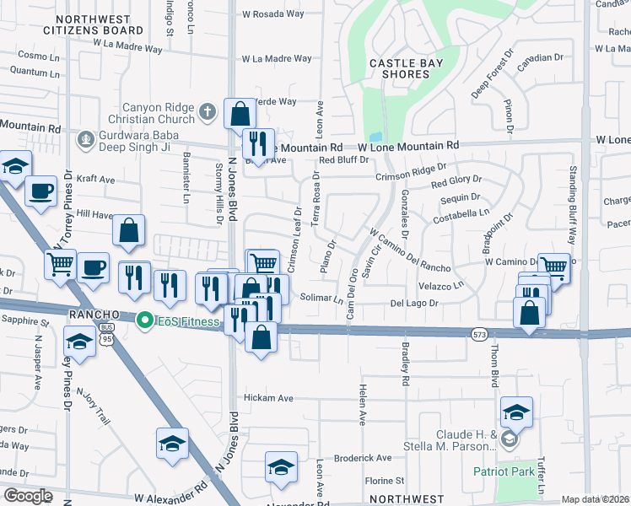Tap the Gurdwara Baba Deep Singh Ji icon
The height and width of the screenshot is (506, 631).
pos(84,138)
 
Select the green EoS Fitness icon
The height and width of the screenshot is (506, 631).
pos(145,320)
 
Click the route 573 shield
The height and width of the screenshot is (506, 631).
pos(478,335)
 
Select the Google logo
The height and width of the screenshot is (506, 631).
pos(27,496)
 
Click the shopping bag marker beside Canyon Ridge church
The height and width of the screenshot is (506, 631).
pos(240,113)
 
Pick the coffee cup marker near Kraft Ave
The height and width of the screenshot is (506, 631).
pos(40,191)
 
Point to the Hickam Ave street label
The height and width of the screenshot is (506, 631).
pos(267,398)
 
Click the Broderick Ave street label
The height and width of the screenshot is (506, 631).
pos(363,459)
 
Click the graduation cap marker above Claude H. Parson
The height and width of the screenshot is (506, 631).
pos(516,412)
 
